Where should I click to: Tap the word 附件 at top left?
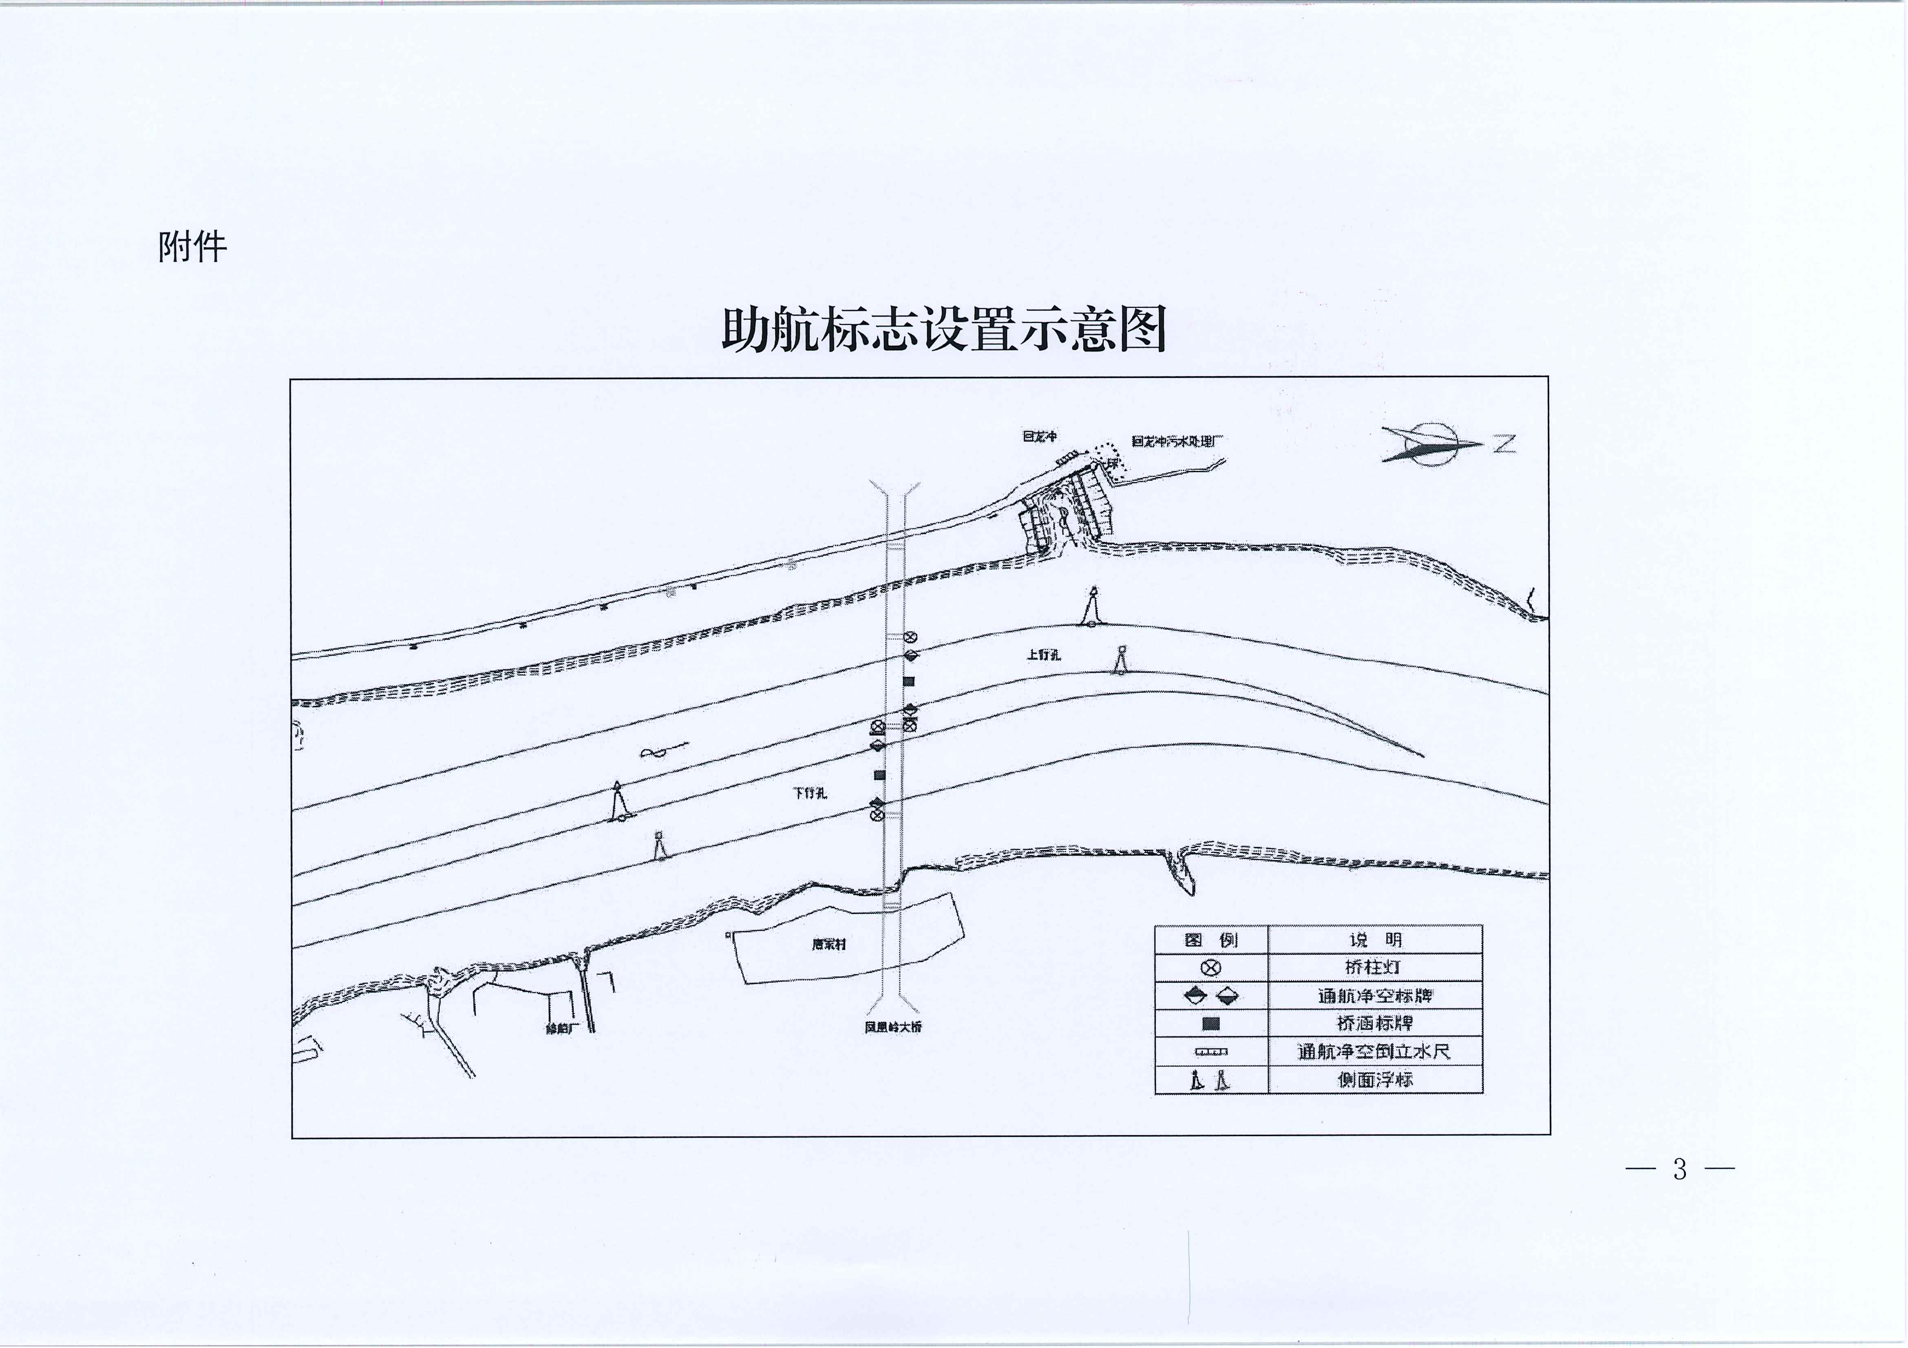point(192,247)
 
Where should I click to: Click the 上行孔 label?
point(1044,655)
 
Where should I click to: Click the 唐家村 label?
point(828,945)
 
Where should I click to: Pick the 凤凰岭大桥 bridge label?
point(892,1027)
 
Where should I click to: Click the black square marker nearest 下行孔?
point(879,775)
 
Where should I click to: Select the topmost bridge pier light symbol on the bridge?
point(911,638)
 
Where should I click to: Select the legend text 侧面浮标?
point(1375,1079)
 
